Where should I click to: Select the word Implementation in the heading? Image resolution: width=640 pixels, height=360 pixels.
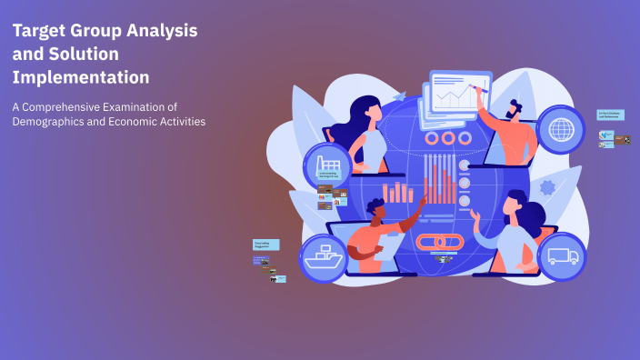click(81, 77)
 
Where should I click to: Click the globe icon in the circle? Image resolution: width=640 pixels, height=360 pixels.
click(561, 129)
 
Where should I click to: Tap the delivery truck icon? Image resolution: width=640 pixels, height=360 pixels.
click(563, 255)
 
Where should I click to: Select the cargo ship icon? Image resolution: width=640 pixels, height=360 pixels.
click(325, 257)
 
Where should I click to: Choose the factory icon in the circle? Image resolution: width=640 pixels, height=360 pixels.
click(326, 166)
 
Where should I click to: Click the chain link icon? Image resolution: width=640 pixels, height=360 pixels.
click(441, 242)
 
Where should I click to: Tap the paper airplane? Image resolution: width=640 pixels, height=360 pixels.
click(399, 95)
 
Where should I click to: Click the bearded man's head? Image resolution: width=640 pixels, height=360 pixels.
click(519, 109)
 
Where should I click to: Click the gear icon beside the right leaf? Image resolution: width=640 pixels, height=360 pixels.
click(546, 188)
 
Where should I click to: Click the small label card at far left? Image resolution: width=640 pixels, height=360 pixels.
click(265, 245)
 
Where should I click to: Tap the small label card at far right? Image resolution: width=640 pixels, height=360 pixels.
click(610, 115)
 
